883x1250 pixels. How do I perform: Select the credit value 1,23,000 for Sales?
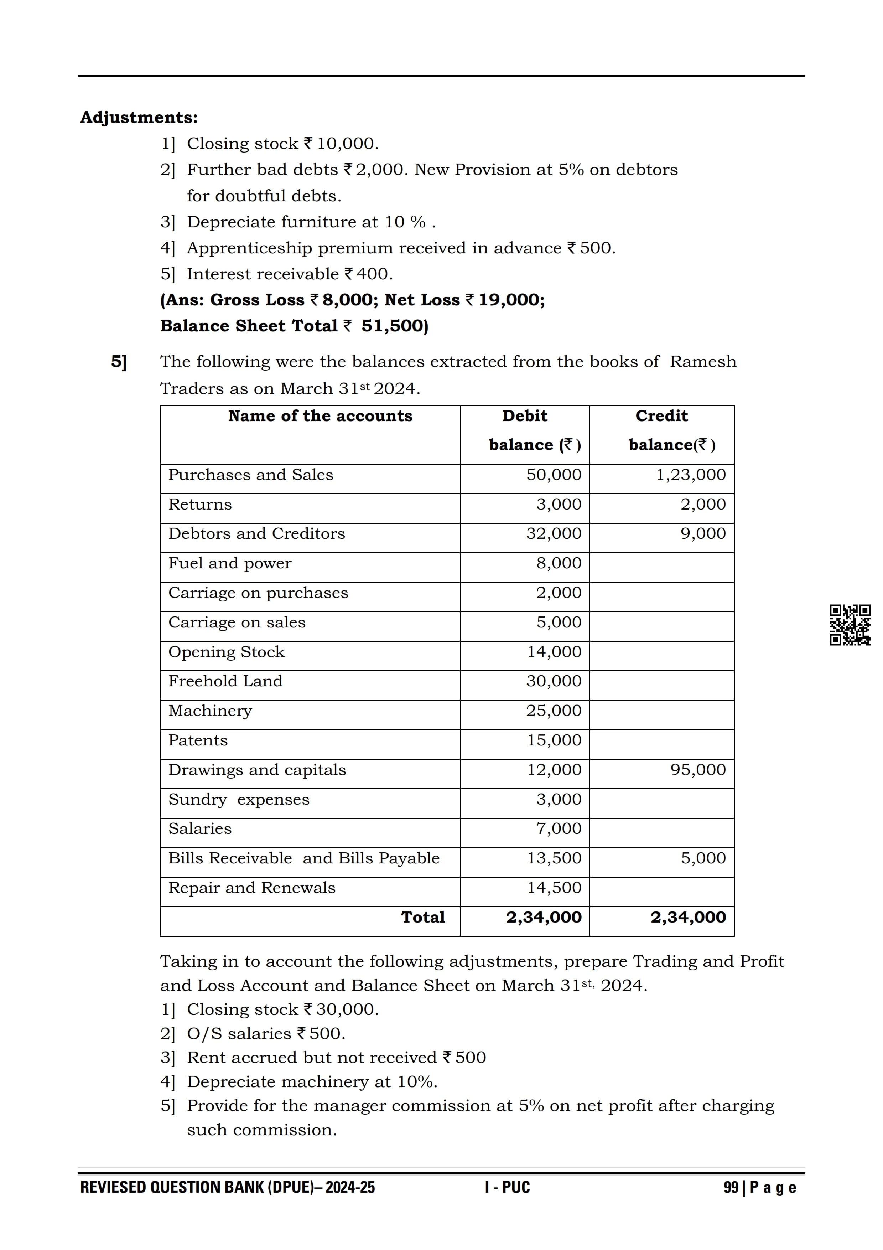[x=690, y=475]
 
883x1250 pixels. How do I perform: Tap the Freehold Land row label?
[x=225, y=681]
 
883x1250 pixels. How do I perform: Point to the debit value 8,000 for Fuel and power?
[x=559, y=563]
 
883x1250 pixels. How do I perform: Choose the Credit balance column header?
[x=661, y=430]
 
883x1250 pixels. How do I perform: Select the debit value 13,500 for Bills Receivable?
[x=554, y=858]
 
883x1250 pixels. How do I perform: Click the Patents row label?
[x=198, y=740]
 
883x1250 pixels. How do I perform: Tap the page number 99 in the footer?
[x=731, y=1187]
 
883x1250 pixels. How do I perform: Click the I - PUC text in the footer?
[x=507, y=1187]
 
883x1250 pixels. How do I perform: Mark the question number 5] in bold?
[x=119, y=362]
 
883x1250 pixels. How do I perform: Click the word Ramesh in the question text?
[x=703, y=362]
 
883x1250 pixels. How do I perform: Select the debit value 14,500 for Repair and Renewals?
[x=554, y=888]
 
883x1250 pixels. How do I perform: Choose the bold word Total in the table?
[x=423, y=917]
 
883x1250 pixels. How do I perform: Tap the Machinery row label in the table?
[x=210, y=711]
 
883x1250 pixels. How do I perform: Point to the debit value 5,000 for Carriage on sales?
[x=559, y=622]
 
